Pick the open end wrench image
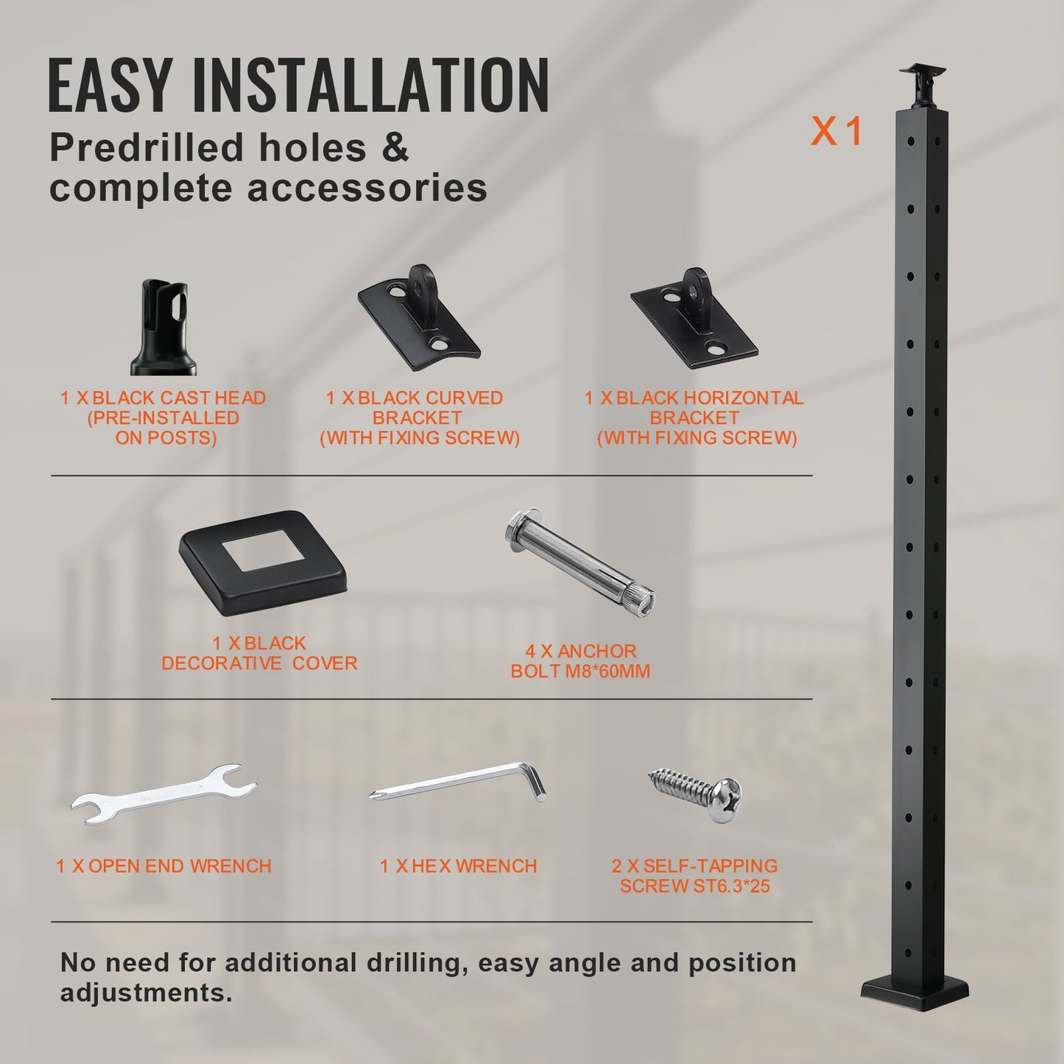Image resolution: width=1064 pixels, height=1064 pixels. (163, 794)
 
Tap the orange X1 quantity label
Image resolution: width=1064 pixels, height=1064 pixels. (836, 133)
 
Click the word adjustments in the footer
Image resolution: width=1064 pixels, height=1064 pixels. (146, 993)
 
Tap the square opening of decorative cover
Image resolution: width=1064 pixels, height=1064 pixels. (263, 554)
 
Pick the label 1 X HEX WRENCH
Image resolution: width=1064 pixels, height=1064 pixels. (459, 866)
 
